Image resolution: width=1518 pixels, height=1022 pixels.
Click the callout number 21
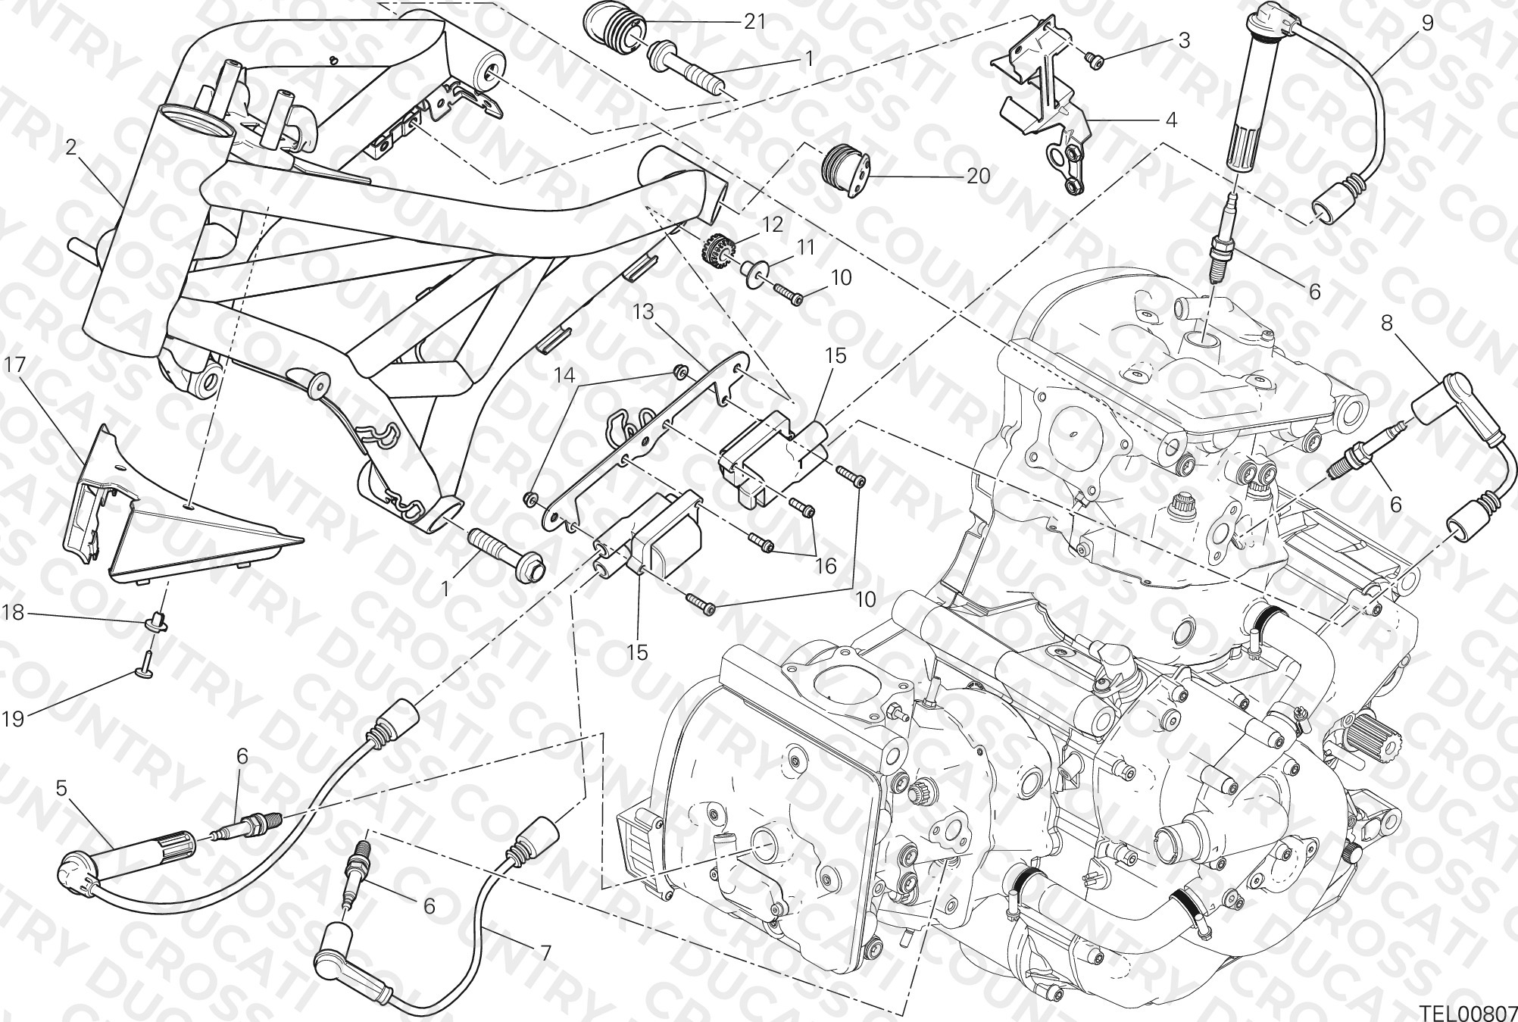[754, 21]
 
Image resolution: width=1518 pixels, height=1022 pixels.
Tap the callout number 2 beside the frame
[71, 148]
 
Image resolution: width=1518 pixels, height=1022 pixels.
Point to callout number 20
[978, 176]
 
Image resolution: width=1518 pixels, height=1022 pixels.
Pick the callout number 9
[1427, 22]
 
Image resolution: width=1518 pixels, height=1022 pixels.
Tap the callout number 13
[643, 312]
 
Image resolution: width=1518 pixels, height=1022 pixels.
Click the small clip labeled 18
[159, 622]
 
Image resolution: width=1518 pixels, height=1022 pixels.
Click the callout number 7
[545, 952]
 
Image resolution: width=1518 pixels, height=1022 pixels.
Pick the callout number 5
[62, 788]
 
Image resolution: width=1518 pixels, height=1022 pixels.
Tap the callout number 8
[1387, 323]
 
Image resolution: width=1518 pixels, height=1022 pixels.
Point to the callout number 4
[1171, 120]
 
